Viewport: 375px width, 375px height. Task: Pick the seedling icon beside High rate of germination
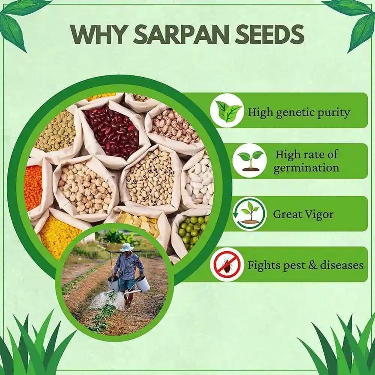coord(249,160)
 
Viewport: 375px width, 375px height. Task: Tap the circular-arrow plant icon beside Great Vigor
coord(249,213)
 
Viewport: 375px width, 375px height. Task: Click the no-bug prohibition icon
coord(227,264)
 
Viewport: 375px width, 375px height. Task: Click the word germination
coord(306,168)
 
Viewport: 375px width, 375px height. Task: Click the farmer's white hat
coord(126,247)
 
